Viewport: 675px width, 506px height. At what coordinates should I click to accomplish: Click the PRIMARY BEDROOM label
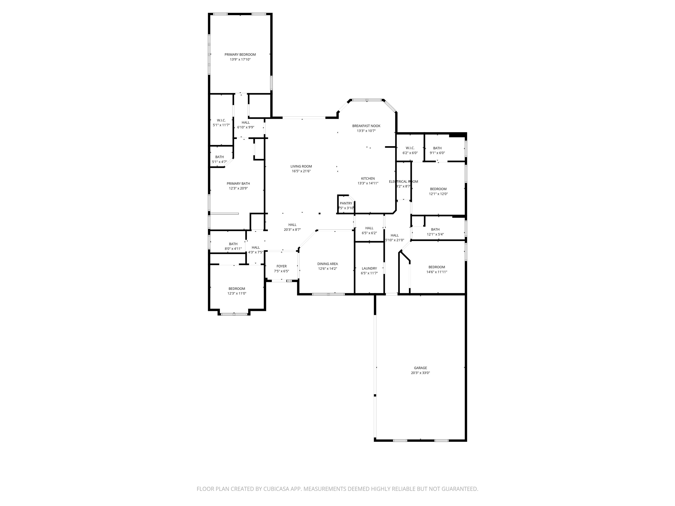[240, 55]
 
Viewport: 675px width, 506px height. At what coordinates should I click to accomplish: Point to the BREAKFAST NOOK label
[366, 126]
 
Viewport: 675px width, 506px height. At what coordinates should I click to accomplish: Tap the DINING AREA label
[327, 264]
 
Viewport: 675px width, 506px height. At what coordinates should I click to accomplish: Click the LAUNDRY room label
[369, 268]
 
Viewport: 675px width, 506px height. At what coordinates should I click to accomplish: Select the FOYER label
[281, 266]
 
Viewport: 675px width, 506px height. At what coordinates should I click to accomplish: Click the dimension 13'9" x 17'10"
[240, 60]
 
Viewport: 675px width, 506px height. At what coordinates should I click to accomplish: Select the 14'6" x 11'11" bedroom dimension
[436, 272]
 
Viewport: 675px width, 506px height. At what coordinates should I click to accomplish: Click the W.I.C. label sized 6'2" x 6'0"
[410, 148]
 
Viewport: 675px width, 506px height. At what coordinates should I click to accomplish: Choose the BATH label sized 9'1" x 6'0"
[437, 148]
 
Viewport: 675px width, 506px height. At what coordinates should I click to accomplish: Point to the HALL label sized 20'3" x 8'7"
[292, 225]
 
